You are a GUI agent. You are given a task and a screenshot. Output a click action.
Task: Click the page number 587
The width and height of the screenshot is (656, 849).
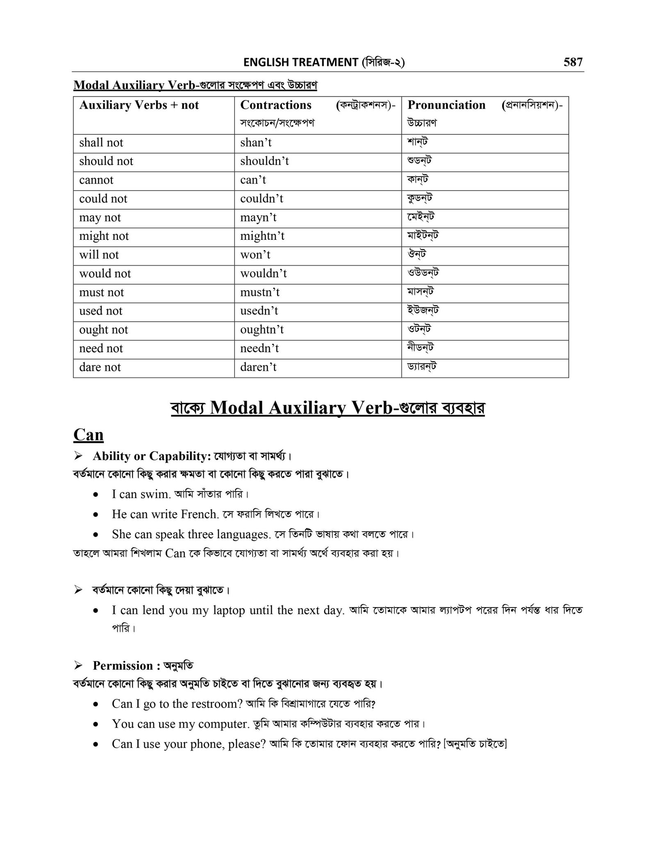[x=573, y=62]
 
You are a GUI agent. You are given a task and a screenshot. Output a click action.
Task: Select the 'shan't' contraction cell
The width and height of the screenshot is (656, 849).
[x=256, y=143]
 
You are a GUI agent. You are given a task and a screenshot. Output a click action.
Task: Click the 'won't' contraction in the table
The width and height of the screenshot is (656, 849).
[x=255, y=255]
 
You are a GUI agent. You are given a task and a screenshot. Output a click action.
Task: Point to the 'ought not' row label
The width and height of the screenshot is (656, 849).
[x=103, y=330]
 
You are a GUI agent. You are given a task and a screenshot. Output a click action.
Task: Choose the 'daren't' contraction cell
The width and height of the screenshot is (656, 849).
[x=258, y=367]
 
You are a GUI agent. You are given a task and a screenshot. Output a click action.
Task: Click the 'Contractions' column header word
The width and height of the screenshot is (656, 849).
[x=276, y=105]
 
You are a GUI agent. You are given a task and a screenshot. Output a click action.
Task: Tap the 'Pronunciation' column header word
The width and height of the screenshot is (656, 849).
[x=446, y=105]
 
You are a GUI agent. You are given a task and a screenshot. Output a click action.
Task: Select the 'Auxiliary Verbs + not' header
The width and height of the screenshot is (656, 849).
[x=139, y=105]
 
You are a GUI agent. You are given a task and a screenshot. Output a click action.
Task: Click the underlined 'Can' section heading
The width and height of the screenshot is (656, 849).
[x=88, y=435]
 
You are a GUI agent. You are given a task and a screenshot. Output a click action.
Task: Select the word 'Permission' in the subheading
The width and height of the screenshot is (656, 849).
[x=123, y=665]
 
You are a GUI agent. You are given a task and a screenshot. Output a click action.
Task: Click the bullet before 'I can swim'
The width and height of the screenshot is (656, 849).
[x=96, y=495]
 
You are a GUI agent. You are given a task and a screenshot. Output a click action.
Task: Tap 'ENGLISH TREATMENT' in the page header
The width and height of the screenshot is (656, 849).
[x=301, y=62]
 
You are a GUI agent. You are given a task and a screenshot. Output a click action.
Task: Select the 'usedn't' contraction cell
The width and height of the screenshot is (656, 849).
[x=259, y=311]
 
